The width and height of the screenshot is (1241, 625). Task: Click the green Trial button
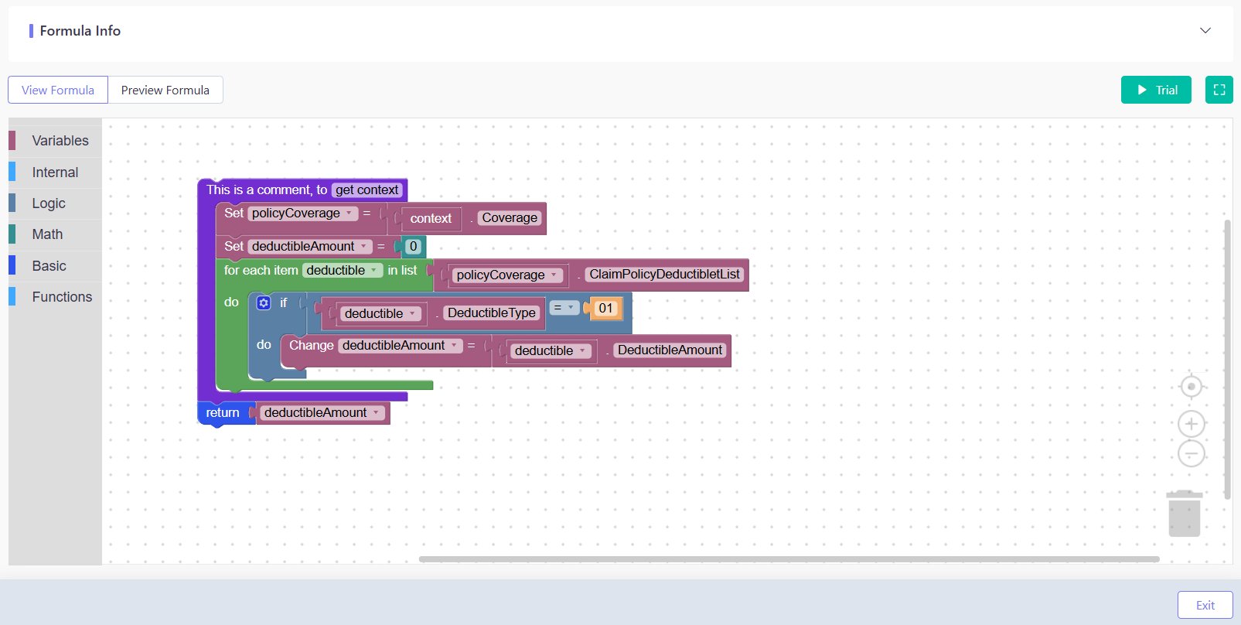tap(1156, 90)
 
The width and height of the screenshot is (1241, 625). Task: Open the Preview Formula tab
tap(165, 90)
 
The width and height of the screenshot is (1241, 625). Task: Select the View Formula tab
tap(58, 90)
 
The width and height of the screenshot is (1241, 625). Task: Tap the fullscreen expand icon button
tap(1219, 90)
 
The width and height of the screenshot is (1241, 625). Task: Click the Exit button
tap(1205, 605)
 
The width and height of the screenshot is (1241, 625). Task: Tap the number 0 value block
tap(413, 247)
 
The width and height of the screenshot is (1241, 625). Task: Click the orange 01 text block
tap(605, 308)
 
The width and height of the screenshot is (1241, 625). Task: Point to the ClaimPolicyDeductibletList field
tap(664, 275)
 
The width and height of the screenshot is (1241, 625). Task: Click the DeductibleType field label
tap(492, 313)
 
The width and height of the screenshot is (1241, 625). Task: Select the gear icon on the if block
tap(264, 302)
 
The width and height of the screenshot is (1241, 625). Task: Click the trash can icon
tap(1185, 514)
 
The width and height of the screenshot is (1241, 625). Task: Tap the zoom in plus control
tap(1192, 425)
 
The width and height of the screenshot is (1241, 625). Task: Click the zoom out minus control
tap(1192, 454)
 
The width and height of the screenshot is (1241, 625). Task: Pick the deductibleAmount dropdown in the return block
tap(322, 413)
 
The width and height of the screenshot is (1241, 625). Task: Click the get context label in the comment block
tap(367, 190)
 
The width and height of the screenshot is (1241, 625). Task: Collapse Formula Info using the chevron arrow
tap(1205, 30)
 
